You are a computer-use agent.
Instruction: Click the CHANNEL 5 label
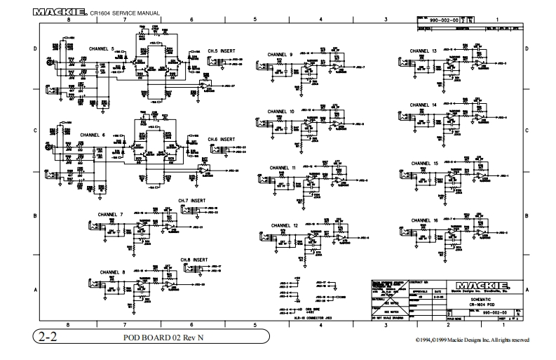pyautogui.click(x=102, y=49)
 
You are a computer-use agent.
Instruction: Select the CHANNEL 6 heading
pyautogui.click(x=93, y=134)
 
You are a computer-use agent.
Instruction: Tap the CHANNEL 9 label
pyautogui.click(x=280, y=54)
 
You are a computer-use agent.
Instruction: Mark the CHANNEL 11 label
pyautogui.click(x=283, y=168)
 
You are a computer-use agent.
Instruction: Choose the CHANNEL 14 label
pyautogui.click(x=423, y=105)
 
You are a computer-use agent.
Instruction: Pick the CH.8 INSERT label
pyautogui.click(x=194, y=260)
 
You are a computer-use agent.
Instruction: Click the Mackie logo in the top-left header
pyautogui.click(x=60, y=12)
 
